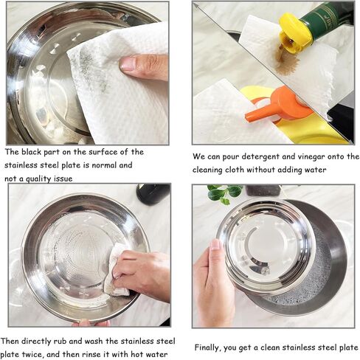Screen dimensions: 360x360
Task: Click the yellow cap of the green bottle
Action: [294, 32]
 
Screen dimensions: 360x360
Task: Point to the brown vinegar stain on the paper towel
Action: [286, 61]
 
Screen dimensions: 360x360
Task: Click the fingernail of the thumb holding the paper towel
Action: [128, 63]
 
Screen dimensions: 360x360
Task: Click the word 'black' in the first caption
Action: [31, 152]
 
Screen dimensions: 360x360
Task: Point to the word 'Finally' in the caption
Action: [208, 347]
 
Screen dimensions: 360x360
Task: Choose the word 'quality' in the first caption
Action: [38, 179]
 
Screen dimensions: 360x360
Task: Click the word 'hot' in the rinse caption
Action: [137, 354]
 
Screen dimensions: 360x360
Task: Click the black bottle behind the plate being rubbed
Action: [153, 194]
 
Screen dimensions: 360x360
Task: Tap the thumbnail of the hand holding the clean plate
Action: [215, 244]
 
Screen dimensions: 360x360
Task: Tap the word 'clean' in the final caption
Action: [270, 347]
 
